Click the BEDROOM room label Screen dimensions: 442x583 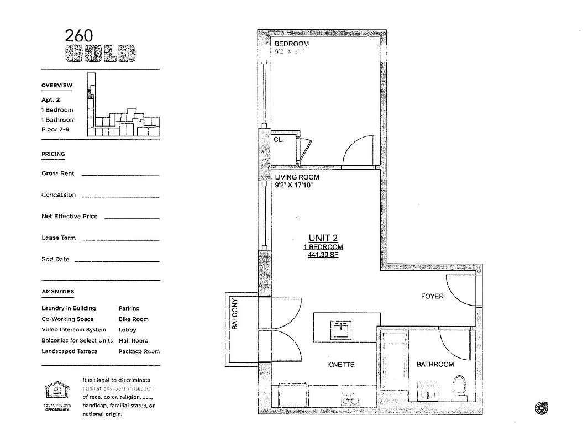292,44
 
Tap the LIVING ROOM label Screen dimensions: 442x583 297,177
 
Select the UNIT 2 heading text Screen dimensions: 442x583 323,238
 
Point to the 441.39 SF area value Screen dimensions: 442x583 323,255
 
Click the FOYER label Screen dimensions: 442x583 432,297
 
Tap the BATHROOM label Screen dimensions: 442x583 435,364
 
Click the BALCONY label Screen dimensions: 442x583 234,314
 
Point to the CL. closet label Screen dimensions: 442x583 279,140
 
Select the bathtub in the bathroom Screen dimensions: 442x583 395,359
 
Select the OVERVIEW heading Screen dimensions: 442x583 57,86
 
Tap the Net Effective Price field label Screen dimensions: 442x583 70,217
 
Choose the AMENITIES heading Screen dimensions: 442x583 58,292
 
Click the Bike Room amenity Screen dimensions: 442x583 133,319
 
